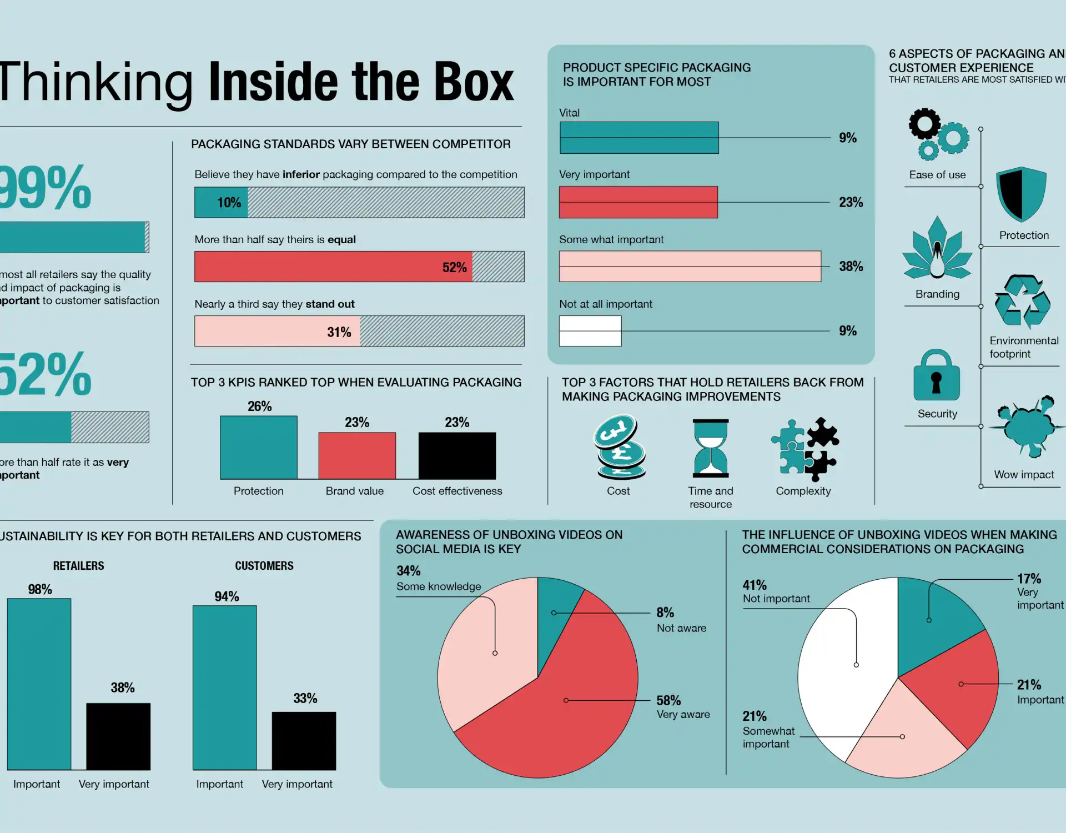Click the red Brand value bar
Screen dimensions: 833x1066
tap(357, 455)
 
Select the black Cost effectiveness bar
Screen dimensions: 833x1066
tap(457, 455)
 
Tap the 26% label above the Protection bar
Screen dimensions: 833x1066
tap(259, 407)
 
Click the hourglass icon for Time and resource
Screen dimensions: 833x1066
tap(710, 448)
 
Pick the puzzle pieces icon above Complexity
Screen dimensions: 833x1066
tap(804, 449)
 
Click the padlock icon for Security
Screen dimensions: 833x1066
tap(937, 375)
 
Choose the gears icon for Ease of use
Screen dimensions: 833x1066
tap(938, 133)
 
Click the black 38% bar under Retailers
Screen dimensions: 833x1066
tap(118, 736)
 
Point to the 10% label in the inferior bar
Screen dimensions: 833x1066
tap(229, 203)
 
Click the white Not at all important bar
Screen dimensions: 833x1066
tap(590, 331)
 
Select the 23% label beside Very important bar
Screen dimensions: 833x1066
tap(851, 202)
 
